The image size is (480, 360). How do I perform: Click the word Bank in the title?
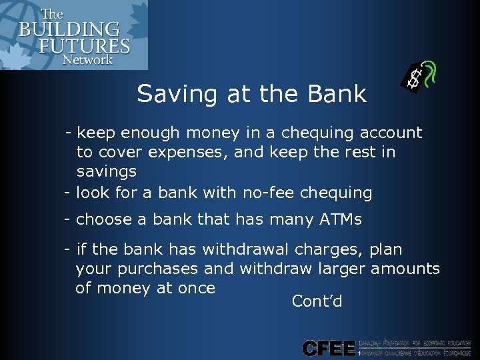(x=337, y=94)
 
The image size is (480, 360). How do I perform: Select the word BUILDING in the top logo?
(x=69, y=30)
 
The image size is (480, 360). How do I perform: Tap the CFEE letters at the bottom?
(x=329, y=347)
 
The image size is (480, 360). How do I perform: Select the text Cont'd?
(x=317, y=301)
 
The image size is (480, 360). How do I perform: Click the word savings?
(x=107, y=172)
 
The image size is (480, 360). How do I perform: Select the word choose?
(x=104, y=219)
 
